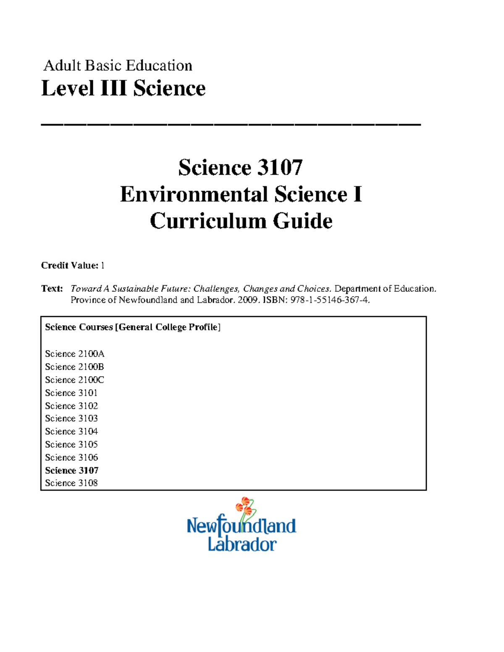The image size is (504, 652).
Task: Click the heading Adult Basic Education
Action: click(118, 65)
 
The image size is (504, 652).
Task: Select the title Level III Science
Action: click(123, 89)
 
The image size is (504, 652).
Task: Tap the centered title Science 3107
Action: click(240, 168)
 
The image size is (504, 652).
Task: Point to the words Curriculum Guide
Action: click(241, 221)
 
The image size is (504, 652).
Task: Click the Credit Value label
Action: click(69, 265)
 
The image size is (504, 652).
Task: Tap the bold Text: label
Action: click(52, 288)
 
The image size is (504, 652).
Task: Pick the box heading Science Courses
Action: click(79, 327)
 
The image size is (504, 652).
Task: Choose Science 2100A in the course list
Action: click(75, 353)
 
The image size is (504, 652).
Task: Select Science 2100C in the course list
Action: click(75, 380)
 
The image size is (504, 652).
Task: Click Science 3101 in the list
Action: click(71, 393)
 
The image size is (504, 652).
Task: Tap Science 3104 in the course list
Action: click(71, 431)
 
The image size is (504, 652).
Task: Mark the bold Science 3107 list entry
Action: click(72, 470)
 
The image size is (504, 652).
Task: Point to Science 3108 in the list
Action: click(71, 483)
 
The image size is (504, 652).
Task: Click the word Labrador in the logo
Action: click(242, 544)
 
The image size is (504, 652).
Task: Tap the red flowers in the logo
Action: click(244, 506)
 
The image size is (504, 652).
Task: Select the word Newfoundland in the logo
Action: click(241, 526)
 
